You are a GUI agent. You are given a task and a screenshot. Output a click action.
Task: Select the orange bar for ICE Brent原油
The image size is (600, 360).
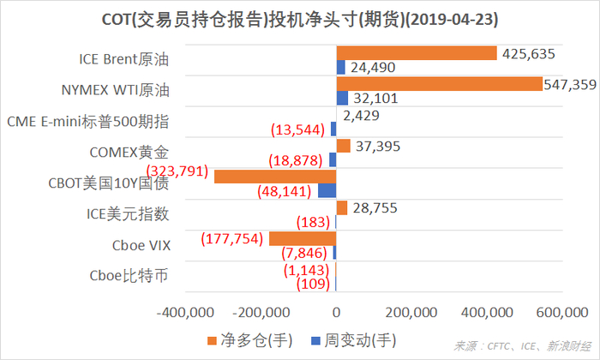(417, 53)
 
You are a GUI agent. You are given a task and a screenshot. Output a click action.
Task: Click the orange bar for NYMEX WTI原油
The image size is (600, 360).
(439, 84)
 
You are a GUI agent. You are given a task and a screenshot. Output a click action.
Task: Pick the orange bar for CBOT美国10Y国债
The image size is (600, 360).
(275, 177)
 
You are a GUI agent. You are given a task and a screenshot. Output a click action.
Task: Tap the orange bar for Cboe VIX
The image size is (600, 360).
(303, 238)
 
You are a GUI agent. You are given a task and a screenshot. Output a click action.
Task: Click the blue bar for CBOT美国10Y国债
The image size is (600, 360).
(327, 190)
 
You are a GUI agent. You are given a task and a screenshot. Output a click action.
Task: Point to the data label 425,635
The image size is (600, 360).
(530, 53)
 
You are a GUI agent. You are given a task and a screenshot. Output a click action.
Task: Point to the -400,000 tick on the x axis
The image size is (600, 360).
(187, 312)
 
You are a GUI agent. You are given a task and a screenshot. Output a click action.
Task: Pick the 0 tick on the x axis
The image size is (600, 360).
(337, 312)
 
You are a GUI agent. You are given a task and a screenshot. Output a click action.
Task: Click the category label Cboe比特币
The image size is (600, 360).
(129, 275)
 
